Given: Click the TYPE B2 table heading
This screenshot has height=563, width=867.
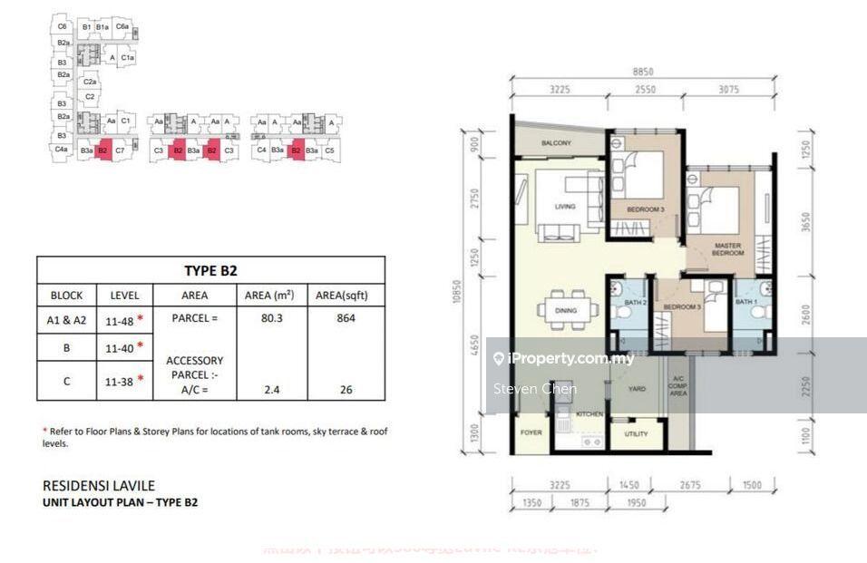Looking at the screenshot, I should [210, 270].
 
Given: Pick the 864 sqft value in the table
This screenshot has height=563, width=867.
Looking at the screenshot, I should [346, 318].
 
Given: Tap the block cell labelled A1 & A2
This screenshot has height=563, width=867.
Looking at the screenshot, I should [67, 318].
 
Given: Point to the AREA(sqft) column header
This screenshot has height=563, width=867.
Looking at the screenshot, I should [346, 295].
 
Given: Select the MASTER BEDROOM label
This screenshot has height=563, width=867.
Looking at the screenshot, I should [728, 248].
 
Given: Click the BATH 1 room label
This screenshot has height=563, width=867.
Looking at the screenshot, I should [746, 302].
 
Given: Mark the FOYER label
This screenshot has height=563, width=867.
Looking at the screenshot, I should [531, 432].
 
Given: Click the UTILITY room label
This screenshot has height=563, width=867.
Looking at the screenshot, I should [637, 433].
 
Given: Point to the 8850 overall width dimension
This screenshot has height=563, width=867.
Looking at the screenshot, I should [643, 71].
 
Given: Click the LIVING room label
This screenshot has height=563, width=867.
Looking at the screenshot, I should [565, 207].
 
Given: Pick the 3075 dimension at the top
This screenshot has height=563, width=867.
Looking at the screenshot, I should [735, 90].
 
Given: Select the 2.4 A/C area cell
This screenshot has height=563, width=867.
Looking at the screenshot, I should [269, 390].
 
